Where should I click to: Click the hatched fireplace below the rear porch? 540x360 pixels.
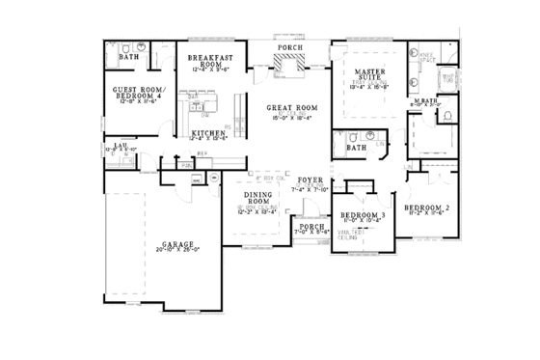[x=288, y=65]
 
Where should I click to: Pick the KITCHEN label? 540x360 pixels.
[x=207, y=132]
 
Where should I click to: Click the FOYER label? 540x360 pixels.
[x=310, y=180]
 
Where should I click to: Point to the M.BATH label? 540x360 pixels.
[x=423, y=103]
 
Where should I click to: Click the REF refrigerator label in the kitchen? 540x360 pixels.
[x=202, y=152]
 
